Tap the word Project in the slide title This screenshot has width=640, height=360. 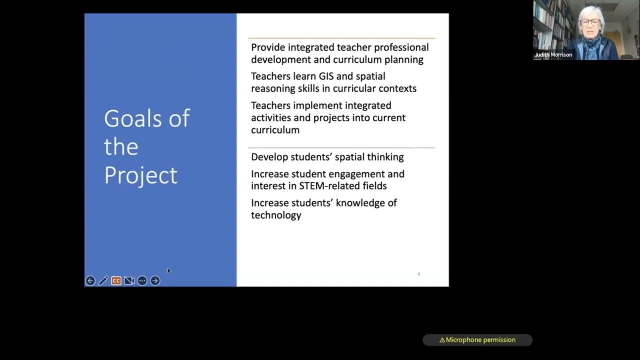(x=140, y=175)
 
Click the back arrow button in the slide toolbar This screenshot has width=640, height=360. (x=90, y=281)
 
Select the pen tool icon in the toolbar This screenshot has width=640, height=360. (x=103, y=281)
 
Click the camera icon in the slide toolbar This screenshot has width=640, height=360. (x=129, y=281)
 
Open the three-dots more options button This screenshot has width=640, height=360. (x=142, y=281)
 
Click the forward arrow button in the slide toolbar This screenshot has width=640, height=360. (x=155, y=281)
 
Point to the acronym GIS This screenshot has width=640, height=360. (x=325, y=76)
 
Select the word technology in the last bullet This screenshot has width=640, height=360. (x=276, y=215)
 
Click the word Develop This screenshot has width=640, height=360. (x=269, y=157)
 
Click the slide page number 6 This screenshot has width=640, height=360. (x=418, y=274)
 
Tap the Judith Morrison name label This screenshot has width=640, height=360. (x=553, y=55)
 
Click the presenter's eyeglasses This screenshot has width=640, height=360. (x=590, y=22)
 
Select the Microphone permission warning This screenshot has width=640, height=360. (x=477, y=340)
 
